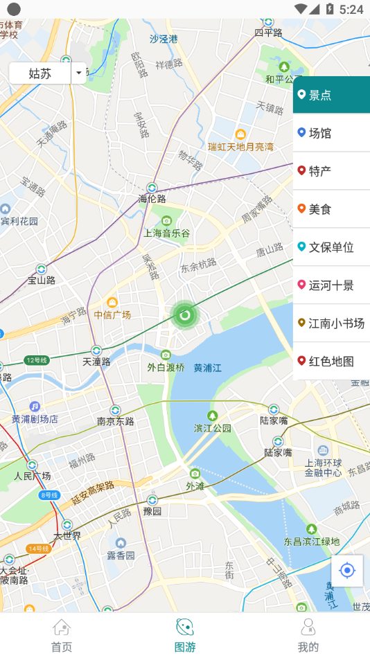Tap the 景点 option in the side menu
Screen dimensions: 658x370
(331, 95)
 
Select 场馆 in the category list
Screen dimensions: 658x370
(331, 133)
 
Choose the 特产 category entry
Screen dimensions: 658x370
(331, 171)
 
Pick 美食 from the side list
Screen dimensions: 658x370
(331, 209)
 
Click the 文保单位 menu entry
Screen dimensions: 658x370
(331, 247)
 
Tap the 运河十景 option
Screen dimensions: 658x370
(331, 285)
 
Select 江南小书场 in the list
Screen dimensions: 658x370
(331, 323)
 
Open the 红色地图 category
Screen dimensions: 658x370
(331, 362)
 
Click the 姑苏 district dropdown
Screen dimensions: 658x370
(47, 73)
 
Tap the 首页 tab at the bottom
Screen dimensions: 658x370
(62, 635)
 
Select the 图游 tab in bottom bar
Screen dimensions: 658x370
(184, 635)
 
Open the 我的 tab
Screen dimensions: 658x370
(308, 635)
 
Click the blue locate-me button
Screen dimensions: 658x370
(347, 571)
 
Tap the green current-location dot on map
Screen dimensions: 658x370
(184, 316)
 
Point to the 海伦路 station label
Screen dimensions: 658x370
(152, 199)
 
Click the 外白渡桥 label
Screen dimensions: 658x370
(166, 368)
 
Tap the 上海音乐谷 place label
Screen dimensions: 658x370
(166, 233)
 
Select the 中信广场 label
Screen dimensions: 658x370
(112, 315)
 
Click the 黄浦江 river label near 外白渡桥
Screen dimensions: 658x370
(207, 368)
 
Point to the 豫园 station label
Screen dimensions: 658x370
(152, 512)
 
